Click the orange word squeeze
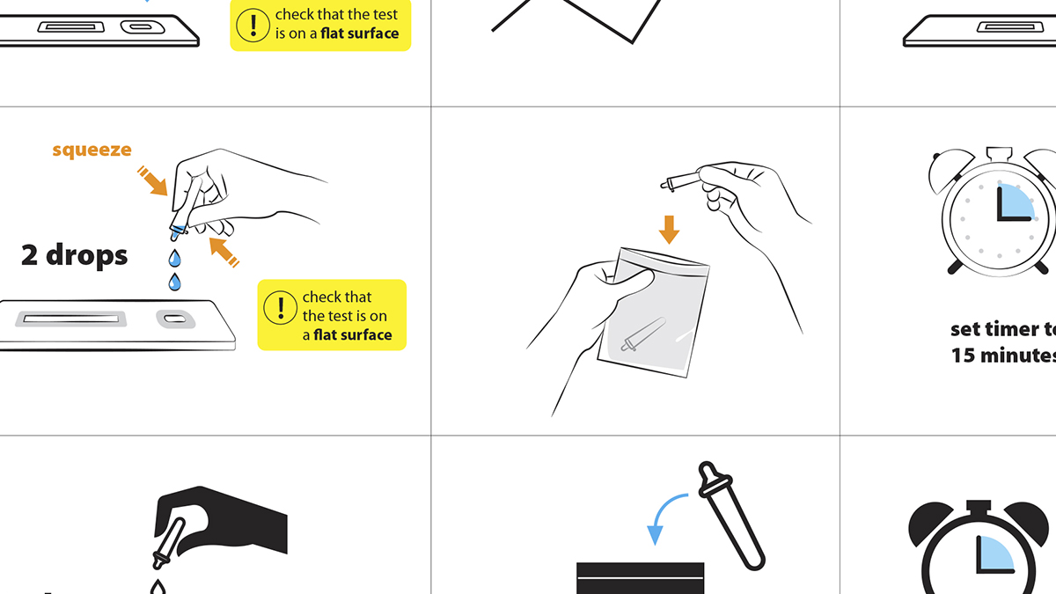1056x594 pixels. [x=92, y=150]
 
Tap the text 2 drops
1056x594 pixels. [x=75, y=255]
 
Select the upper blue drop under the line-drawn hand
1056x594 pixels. [x=174, y=258]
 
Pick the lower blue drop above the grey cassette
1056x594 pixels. [x=174, y=282]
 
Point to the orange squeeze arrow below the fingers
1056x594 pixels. [x=224, y=252]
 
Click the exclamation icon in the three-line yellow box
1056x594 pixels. [x=280, y=307]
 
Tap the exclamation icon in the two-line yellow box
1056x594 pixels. [x=253, y=25]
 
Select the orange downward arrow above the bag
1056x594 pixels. [x=669, y=230]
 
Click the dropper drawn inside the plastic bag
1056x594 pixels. [x=643, y=334]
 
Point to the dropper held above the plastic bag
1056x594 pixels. [x=681, y=181]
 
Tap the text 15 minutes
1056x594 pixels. [x=1003, y=356]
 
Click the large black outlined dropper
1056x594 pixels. [x=730, y=516]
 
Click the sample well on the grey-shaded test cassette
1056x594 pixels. [x=175, y=319]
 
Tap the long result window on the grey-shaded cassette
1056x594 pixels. [x=70, y=319]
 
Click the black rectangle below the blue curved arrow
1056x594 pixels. [x=641, y=578]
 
